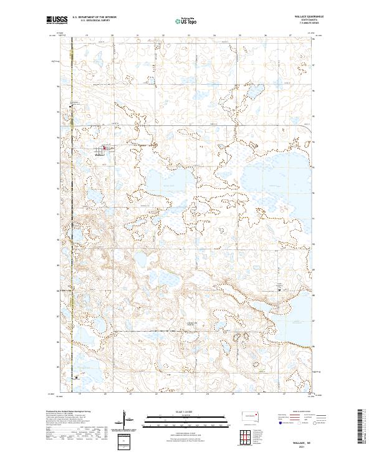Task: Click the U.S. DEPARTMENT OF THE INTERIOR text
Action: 93,17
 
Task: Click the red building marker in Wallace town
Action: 104,148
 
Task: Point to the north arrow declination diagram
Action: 127,420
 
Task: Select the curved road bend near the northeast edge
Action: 308,128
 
